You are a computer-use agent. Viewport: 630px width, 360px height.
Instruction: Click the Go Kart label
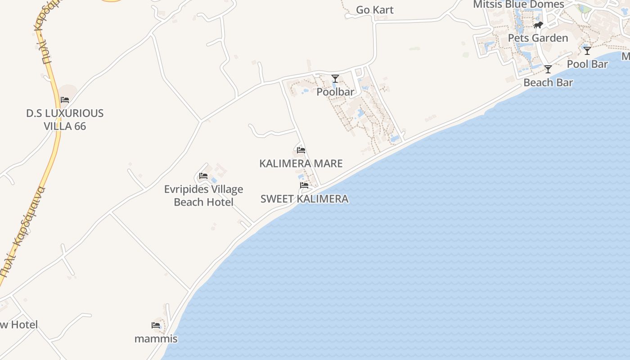[374, 10]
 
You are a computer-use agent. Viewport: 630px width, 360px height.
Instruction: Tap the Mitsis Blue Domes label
[518, 4]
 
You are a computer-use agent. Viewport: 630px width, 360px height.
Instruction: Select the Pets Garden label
[538, 38]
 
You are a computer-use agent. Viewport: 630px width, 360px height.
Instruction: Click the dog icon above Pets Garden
[538, 25]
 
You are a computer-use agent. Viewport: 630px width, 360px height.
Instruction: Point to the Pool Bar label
[587, 64]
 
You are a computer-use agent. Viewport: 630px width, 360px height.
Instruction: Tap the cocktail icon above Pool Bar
[587, 51]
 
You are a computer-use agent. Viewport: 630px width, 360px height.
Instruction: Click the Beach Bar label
[548, 82]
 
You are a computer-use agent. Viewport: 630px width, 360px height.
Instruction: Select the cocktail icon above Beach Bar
[548, 69]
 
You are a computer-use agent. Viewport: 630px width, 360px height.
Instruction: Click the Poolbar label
[335, 92]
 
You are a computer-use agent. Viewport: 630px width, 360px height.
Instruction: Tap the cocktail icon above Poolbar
[335, 79]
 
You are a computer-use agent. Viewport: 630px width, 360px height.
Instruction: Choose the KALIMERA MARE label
[301, 163]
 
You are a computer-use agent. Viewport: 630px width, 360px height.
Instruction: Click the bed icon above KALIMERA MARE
[301, 150]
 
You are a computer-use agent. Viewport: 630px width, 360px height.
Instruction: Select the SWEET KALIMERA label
[304, 198]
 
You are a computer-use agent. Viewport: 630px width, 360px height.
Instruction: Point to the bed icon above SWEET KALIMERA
[304, 185]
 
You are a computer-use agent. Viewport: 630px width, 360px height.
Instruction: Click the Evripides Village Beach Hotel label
[203, 196]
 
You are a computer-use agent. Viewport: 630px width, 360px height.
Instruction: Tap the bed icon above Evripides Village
[203, 176]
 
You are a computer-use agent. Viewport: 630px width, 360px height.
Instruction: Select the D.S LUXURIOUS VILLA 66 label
[65, 120]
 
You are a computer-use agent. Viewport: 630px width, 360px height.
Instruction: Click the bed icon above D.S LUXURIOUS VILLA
[65, 100]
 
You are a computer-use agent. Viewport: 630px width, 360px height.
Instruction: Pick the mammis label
[156, 339]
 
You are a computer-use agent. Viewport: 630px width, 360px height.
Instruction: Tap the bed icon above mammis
[156, 325]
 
